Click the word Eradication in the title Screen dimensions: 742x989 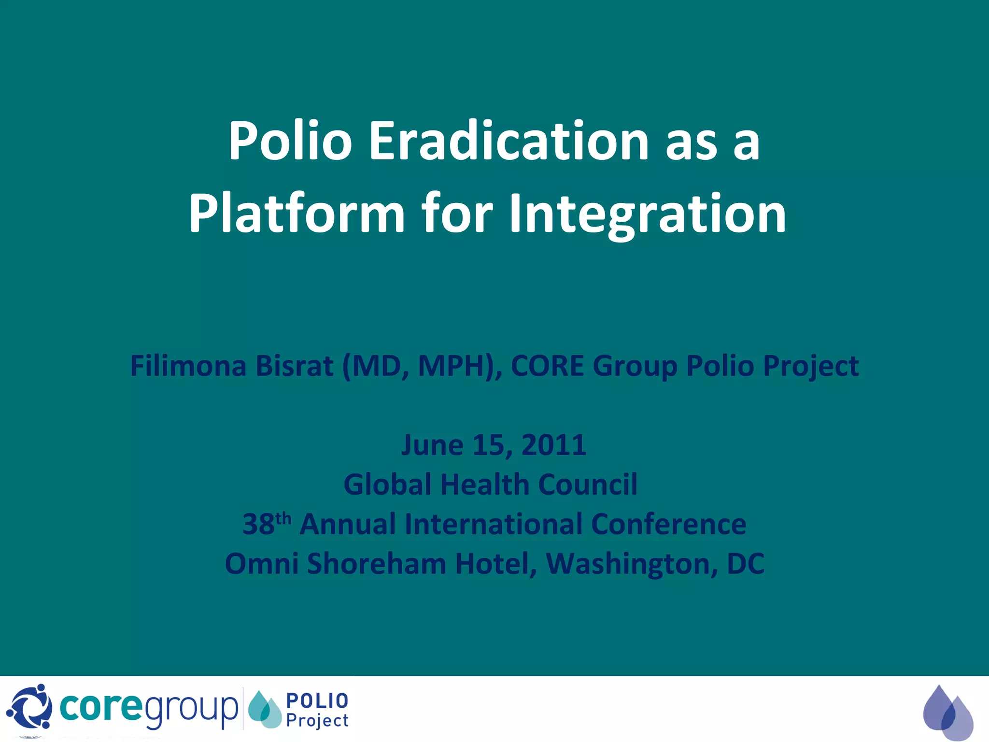click(509, 141)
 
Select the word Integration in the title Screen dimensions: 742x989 click(648, 214)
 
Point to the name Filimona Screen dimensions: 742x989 click(188, 366)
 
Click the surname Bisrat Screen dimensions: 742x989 click(295, 366)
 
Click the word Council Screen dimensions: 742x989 click(588, 485)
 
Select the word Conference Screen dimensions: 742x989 click(668, 524)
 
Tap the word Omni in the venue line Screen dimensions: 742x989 click(261, 564)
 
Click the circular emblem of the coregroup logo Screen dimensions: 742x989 click(29, 707)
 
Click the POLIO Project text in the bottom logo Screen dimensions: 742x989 click(317, 710)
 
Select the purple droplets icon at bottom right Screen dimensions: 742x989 click(947, 712)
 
